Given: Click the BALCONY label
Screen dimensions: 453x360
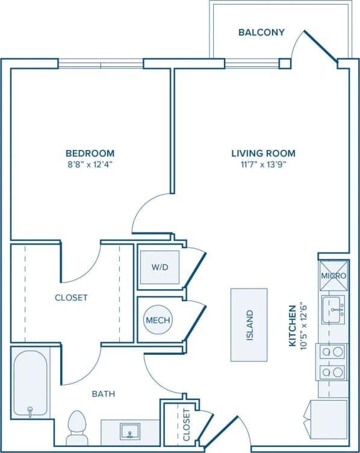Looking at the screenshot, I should [261, 32].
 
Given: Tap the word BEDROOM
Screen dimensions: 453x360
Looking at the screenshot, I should [90, 153].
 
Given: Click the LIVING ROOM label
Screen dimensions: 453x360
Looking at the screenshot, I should [264, 153].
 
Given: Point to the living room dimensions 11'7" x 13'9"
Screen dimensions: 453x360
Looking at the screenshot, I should [264, 164].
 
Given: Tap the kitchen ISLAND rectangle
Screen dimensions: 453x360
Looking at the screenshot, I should [249, 324].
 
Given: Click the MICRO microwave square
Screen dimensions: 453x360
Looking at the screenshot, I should [333, 275].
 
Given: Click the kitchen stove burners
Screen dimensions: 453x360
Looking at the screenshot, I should [333, 361].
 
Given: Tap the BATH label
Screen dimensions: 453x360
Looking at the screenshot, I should [103, 394].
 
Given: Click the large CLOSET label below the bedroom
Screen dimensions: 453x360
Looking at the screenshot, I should [71, 298].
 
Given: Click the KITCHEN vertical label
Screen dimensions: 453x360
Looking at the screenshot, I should [293, 325].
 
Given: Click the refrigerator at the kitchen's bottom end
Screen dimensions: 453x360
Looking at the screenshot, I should [328, 419].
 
